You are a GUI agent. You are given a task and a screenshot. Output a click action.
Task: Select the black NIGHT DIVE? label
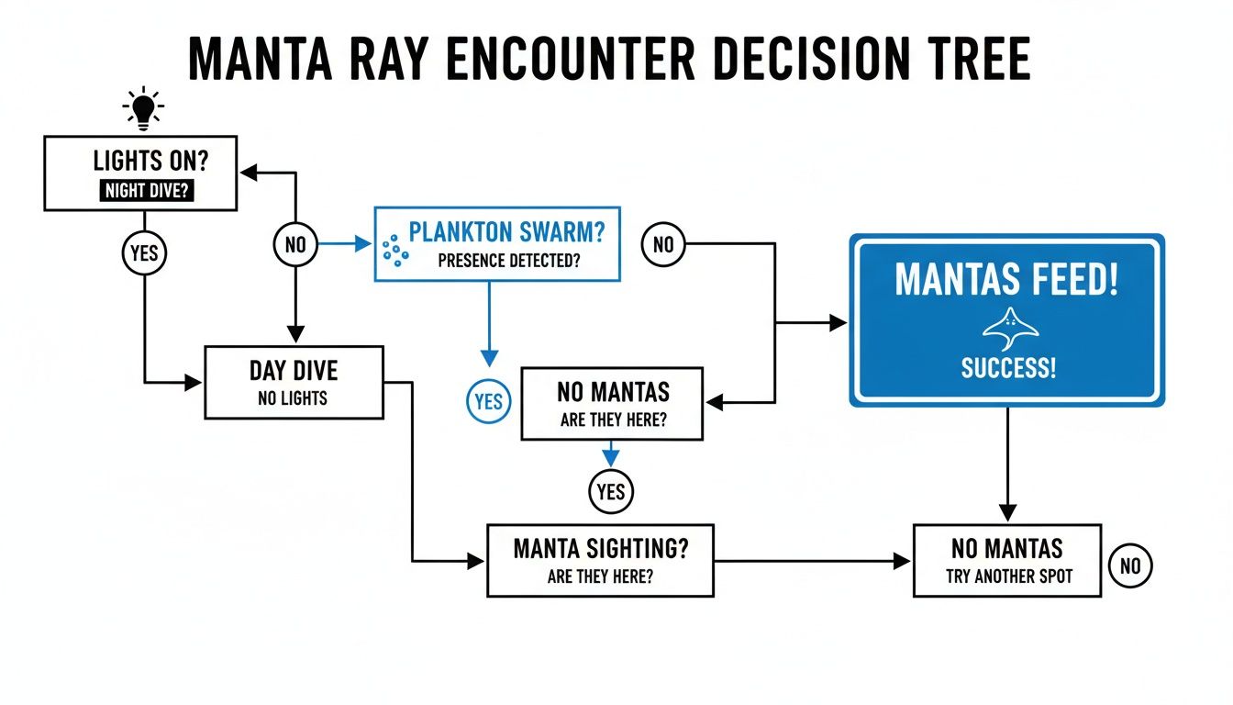pos(142,193)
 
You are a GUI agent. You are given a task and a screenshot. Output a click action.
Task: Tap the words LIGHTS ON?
pos(150,162)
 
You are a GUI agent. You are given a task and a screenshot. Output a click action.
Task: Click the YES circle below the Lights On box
pos(144,252)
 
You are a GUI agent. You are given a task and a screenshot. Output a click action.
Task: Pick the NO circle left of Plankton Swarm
pos(294,245)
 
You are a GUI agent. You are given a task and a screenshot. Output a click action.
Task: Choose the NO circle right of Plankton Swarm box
pos(662,245)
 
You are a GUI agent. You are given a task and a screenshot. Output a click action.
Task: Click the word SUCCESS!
pos(1008,369)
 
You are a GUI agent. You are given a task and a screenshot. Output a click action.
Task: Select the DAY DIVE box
pos(294,382)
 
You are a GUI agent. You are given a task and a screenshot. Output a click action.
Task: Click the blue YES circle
pos(489,401)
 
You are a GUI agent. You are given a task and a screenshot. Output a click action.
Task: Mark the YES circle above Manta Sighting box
pos(610,491)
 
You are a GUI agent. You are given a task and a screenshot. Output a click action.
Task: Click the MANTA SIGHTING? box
pos(600,560)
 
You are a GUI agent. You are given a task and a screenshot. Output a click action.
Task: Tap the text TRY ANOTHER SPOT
pos(1008,577)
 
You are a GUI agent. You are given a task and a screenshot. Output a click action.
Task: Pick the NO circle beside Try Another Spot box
pos(1130,565)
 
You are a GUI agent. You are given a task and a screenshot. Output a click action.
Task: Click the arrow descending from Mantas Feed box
pos(1007,464)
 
